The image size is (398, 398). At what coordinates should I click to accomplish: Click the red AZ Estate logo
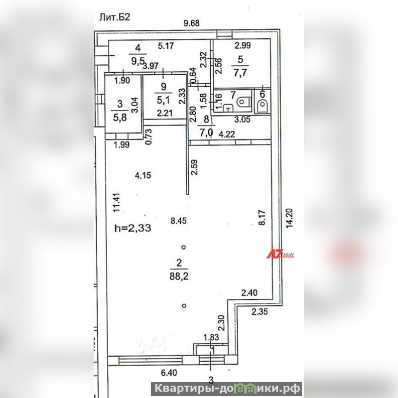(282, 254)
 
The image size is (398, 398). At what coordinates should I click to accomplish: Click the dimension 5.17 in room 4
(165, 47)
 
